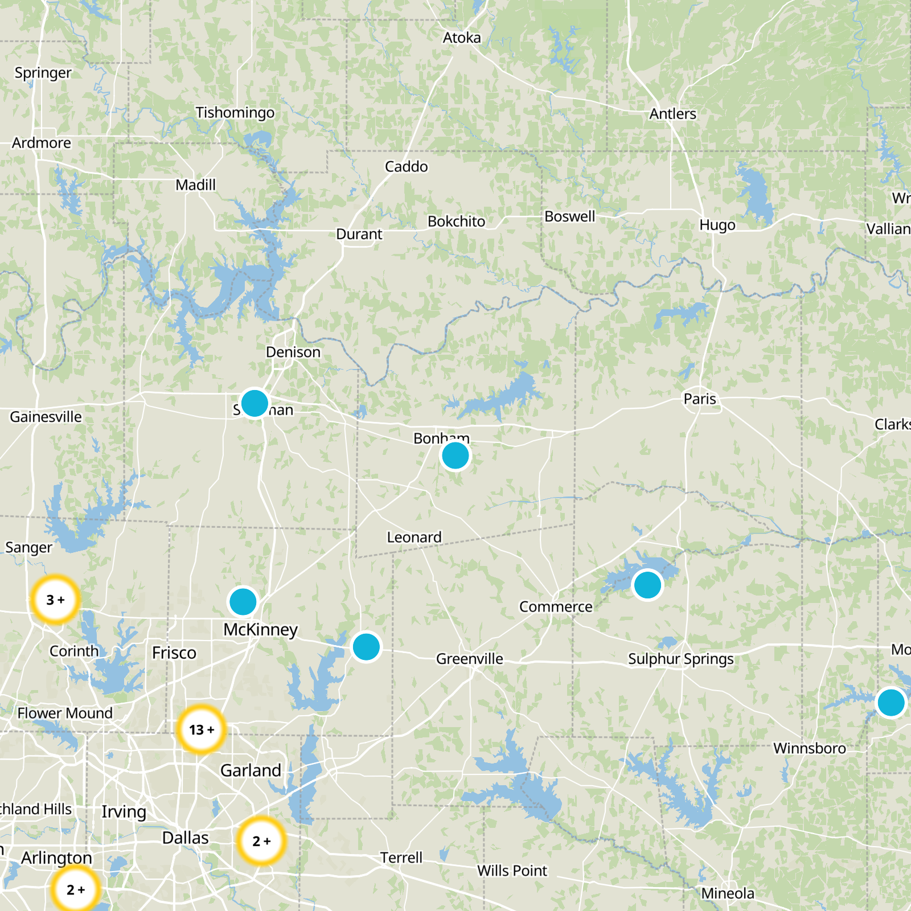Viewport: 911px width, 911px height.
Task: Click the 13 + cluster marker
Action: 201,729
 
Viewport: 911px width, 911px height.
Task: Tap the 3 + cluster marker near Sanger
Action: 55,600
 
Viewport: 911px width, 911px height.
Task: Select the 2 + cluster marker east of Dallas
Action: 261,841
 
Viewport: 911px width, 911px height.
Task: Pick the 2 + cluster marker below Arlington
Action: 75,889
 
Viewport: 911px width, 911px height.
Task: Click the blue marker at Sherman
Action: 255,403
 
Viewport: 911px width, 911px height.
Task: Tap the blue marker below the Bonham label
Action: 455,455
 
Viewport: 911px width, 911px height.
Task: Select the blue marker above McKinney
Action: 243,602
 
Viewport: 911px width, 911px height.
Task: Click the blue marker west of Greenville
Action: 366,647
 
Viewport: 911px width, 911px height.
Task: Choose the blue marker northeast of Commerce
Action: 647,585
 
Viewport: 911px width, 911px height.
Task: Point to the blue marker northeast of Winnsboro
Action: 891,703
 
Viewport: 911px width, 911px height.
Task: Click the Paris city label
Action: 700,399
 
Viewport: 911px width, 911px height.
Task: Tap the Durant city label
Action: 359,234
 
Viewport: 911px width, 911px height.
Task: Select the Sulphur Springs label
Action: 681,659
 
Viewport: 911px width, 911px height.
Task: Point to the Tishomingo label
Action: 235,113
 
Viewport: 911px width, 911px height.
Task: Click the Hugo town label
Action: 717,225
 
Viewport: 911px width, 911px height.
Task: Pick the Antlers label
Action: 673,114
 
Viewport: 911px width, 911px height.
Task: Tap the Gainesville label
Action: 46,417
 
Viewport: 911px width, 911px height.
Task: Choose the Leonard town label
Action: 415,537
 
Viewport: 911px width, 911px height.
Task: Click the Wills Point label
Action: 512,871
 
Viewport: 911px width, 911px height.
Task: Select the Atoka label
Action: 462,38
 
